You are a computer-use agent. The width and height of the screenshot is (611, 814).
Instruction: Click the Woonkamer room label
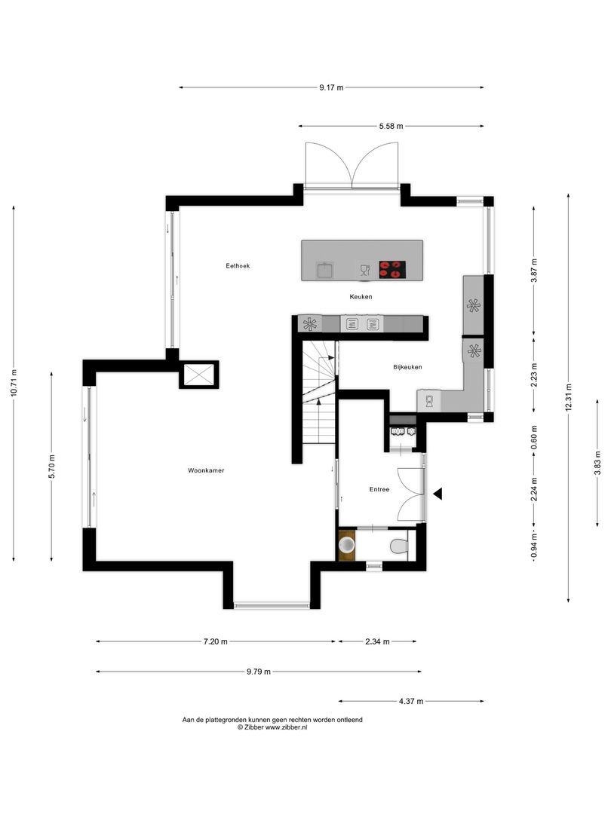coord(206,470)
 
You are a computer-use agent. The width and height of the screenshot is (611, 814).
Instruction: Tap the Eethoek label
coord(238,266)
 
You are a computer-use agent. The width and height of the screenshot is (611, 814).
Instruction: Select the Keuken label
coord(361,297)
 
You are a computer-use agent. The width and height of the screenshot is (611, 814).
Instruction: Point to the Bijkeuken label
coord(407,367)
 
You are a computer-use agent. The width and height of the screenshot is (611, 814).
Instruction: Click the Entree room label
coord(379,489)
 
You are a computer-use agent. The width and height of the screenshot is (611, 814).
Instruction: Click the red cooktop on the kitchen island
coord(391,268)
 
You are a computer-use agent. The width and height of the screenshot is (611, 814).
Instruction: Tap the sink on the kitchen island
coord(325,269)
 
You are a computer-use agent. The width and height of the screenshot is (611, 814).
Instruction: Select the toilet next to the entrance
coord(397,544)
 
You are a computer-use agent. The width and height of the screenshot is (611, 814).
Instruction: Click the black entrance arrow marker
coord(438,493)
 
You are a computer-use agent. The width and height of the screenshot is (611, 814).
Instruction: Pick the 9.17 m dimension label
coord(330,87)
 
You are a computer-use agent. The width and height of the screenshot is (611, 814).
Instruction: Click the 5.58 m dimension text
coord(390,126)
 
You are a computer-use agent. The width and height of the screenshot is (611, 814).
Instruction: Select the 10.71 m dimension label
coord(14,386)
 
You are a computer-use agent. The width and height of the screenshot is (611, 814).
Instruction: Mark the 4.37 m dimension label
coord(410,702)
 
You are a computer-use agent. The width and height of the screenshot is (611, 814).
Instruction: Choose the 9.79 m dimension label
coord(257,672)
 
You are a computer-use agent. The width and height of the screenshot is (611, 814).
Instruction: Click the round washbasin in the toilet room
coord(347,543)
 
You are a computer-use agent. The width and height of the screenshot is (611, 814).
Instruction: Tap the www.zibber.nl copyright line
coord(272,728)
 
